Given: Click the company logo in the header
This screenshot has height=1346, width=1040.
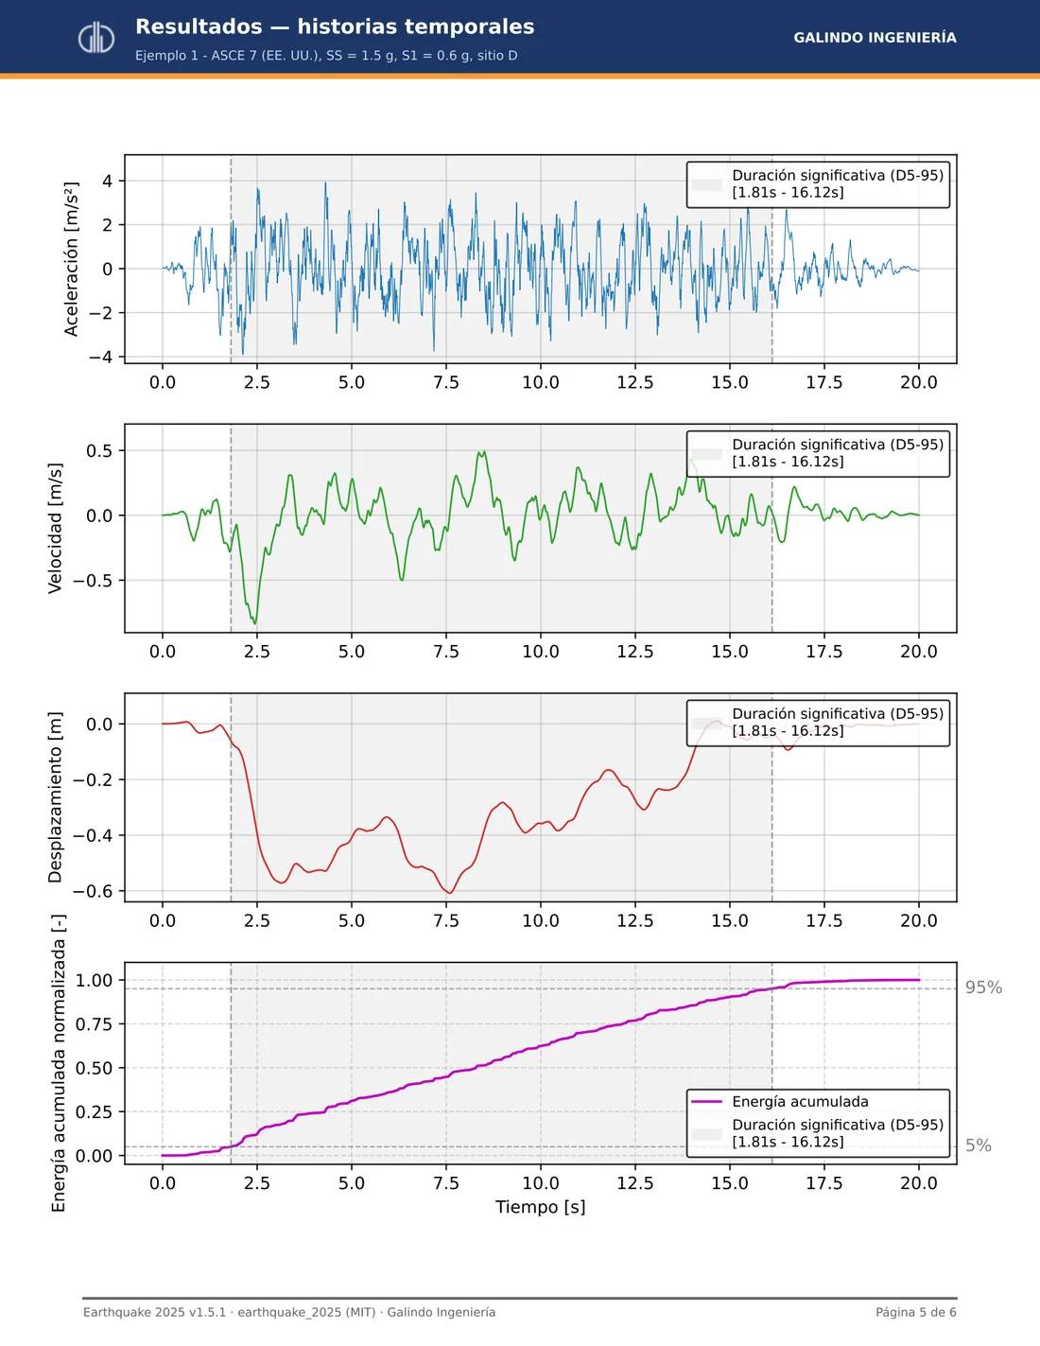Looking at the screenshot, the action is [x=95, y=38].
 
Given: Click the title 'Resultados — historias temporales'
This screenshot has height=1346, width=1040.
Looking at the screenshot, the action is [x=335, y=26].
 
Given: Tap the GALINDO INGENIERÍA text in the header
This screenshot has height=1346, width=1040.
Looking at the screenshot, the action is [x=875, y=37].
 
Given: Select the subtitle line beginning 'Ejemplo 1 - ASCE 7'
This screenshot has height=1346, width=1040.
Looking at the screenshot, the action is [x=326, y=56].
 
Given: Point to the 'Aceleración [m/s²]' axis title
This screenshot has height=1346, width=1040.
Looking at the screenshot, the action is [x=71, y=259].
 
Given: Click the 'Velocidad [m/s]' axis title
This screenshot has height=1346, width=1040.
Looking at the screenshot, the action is [x=55, y=528].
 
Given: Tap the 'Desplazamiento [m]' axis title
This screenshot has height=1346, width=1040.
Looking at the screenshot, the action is [x=55, y=797].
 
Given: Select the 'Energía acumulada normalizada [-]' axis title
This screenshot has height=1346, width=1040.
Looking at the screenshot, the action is [x=59, y=1063].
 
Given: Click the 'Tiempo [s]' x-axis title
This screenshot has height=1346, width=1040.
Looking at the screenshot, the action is [x=541, y=1207].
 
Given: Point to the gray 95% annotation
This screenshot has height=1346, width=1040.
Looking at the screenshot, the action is [x=983, y=988].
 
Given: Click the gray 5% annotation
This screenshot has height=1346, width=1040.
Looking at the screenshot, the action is [x=979, y=1145].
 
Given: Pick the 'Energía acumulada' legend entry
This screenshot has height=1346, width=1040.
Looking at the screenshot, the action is [x=800, y=1101].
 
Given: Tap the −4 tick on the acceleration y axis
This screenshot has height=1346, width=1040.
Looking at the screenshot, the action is [x=100, y=357].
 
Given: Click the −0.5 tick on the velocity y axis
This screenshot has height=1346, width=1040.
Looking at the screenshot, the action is [x=93, y=581].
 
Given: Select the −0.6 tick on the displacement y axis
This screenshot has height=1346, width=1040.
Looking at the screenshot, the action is [x=93, y=891].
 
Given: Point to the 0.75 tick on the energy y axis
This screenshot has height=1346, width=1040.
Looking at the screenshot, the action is [x=95, y=1023].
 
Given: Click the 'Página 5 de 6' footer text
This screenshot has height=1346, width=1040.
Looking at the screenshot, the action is [x=916, y=1312].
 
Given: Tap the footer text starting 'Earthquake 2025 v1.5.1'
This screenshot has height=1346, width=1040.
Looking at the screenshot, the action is [x=289, y=1312].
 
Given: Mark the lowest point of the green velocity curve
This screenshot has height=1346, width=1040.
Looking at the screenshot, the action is [x=255, y=623].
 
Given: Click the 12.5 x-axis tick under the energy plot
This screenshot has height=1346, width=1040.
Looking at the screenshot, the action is [x=635, y=1183].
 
